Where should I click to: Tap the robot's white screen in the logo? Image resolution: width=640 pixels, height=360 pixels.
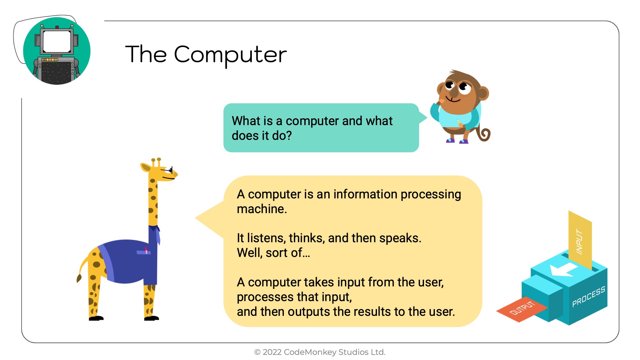click(57, 42)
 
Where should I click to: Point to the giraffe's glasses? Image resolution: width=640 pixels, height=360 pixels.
click(169, 170)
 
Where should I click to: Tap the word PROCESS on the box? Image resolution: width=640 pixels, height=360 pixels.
click(588, 296)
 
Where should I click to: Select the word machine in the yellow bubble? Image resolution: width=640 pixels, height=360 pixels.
click(262, 209)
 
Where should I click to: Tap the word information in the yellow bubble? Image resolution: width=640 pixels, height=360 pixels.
click(365, 194)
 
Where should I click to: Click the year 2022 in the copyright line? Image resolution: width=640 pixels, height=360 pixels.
click(272, 352)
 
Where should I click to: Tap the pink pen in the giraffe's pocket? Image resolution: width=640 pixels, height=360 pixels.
click(146, 250)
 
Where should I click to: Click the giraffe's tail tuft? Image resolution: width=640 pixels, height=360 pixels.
click(79, 278)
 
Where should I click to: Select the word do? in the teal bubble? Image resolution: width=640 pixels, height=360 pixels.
click(282, 136)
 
